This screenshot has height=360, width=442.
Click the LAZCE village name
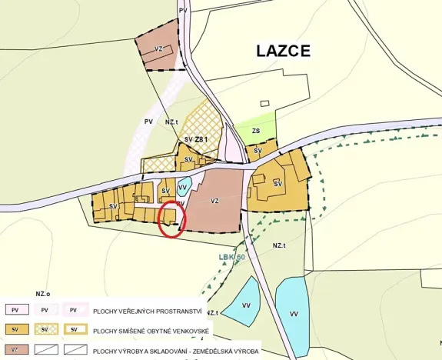tap(283, 52)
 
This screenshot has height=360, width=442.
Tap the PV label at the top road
tap(182, 10)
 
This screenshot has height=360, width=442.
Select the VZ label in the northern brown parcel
tap(159, 48)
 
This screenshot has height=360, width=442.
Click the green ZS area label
tap(255, 132)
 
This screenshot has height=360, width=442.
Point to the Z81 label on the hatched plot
tap(201, 138)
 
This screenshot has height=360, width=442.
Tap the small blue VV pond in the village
tap(183, 187)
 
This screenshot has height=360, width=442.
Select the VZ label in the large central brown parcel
tap(214, 201)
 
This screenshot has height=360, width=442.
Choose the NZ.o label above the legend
tap(42, 293)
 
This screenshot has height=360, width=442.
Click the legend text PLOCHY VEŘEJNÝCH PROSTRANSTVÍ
tap(148, 311)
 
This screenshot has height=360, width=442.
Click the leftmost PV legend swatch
tap(15, 310)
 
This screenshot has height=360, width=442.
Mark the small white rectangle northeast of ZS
tap(265, 103)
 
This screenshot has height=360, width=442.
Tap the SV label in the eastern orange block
tap(277, 183)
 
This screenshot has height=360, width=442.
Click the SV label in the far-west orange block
tap(113, 206)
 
